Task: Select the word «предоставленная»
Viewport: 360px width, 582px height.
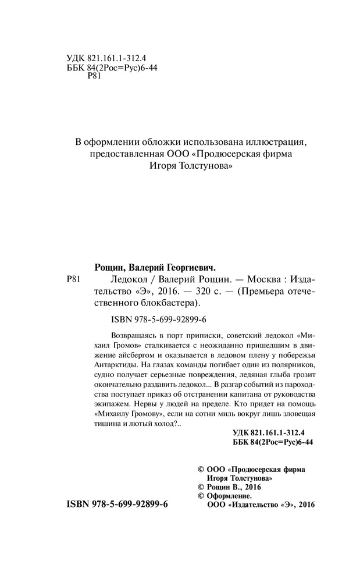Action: tap(122, 155)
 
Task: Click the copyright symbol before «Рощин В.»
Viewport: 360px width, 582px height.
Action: tap(202, 486)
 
